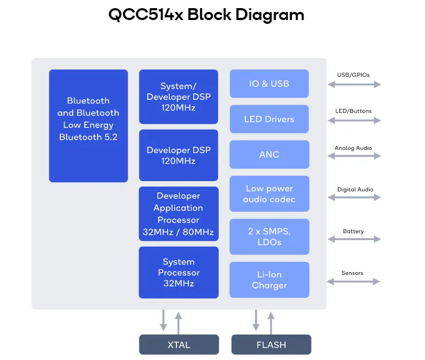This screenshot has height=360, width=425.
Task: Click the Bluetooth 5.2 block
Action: tap(88, 126)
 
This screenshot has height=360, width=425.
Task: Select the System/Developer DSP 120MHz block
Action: tap(179, 97)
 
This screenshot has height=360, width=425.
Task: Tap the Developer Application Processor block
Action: tap(179, 214)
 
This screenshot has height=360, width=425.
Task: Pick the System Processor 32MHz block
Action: tap(179, 272)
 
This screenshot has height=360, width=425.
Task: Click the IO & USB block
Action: tap(269, 83)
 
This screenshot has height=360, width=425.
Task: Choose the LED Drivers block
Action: tap(269, 119)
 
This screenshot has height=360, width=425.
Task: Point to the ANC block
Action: tap(269, 155)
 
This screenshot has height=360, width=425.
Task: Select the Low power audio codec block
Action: tap(269, 194)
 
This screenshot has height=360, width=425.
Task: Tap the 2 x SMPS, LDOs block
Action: tap(269, 236)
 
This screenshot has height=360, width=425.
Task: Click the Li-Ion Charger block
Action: tap(269, 280)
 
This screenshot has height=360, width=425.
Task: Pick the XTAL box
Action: tap(179, 345)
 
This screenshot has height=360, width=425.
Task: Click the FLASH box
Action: tap(271, 345)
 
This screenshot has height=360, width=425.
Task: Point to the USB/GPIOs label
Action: tap(353, 75)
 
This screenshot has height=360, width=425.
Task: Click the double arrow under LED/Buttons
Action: tap(354, 120)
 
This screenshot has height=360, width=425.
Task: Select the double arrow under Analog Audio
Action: tap(354, 156)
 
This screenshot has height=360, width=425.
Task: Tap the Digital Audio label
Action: tap(356, 189)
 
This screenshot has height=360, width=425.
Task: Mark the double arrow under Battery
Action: tap(354, 239)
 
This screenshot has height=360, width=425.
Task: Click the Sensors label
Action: tap(352, 273)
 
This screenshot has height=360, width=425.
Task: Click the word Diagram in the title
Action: tap(270, 15)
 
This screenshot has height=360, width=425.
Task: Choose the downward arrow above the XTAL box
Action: tap(163, 320)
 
